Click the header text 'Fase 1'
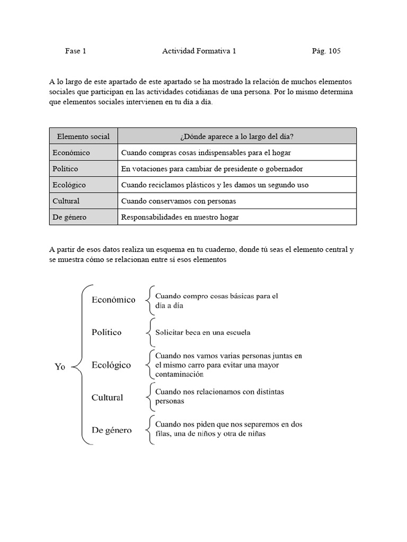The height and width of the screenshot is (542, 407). (75, 51)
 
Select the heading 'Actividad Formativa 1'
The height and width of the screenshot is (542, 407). (199, 51)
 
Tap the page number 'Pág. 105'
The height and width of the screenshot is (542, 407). (326, 51)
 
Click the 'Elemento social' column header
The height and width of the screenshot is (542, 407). (83, 137)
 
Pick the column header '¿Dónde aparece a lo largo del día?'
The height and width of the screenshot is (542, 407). (237, 137)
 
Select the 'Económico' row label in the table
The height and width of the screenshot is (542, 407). (72, 152)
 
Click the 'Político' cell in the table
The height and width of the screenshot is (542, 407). (66, 169)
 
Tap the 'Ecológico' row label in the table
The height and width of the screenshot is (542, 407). (69, 185)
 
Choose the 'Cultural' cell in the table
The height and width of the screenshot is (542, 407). (66, 201)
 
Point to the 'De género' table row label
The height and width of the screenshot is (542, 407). (69, 217)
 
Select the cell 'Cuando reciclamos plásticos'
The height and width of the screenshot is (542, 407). (215, 185)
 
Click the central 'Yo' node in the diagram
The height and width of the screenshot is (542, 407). (60, 367)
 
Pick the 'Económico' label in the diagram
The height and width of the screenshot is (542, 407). (113, 300)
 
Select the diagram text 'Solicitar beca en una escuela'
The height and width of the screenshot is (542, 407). (202, 333)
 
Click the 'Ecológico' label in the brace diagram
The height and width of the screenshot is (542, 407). (111, 365)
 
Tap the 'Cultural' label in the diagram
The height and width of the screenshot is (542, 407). (107, 398)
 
